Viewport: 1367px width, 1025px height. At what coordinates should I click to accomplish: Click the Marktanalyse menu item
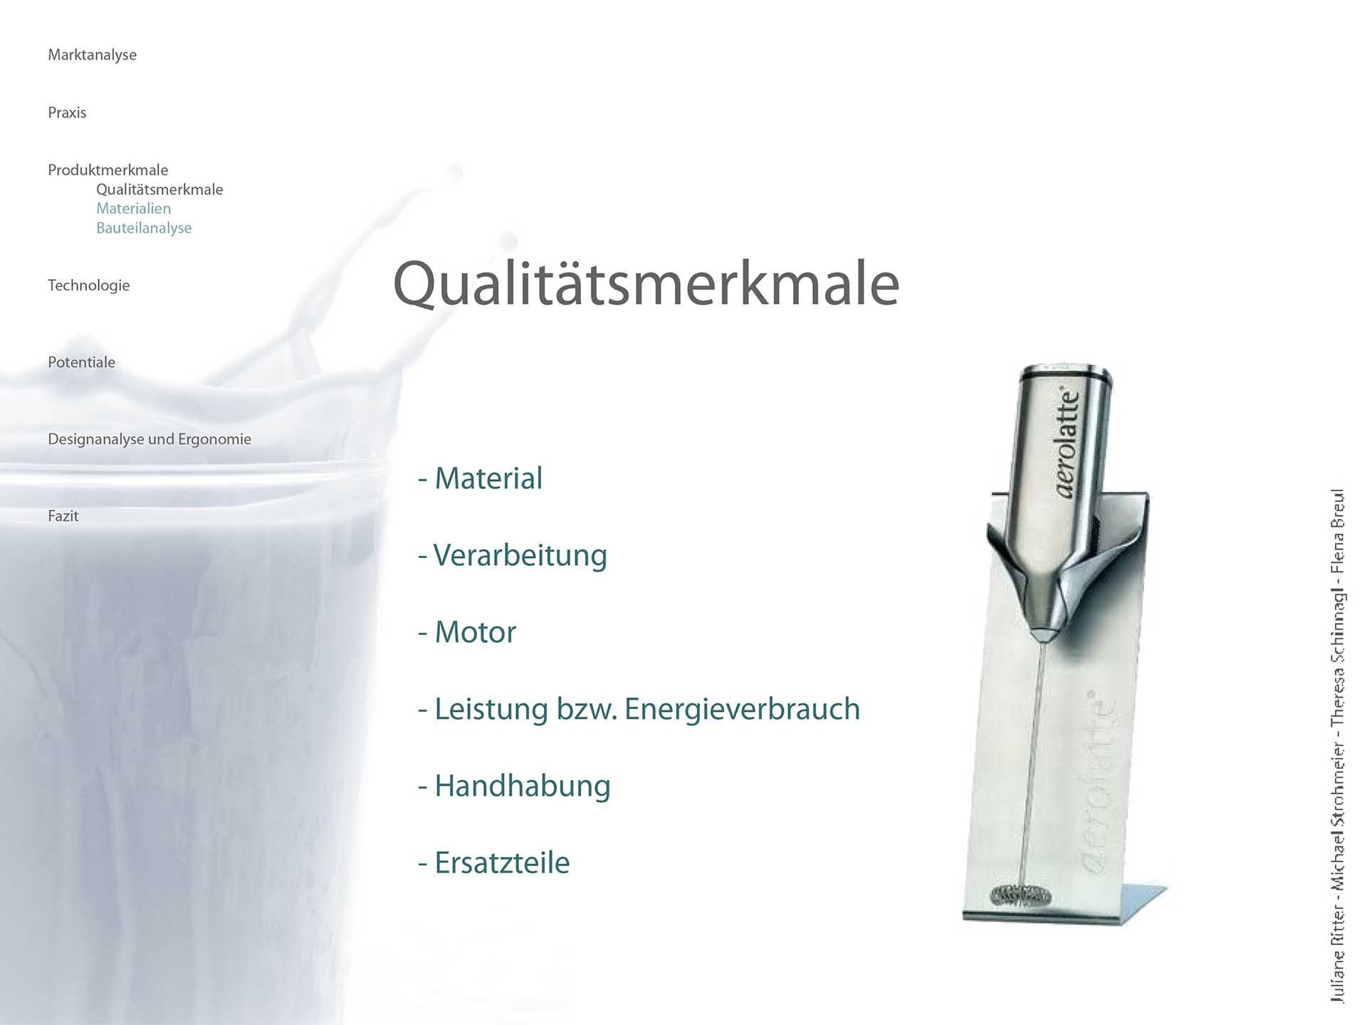(x=92, y=55)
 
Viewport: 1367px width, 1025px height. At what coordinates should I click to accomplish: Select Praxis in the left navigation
(x=67, y=112)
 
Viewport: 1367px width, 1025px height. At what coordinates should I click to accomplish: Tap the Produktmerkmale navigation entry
(x=108, y=170)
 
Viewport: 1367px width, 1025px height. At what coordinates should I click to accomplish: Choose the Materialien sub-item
(x=133, y=209)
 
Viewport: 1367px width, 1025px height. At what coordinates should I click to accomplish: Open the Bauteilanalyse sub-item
(x=144, y=228)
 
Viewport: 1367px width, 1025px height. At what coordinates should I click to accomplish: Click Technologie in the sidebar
(x=88, y=285)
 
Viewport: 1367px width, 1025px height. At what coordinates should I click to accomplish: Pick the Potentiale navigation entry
(x=81, y=362)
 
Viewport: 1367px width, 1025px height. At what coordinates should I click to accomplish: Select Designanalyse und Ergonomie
(x=150, y=439)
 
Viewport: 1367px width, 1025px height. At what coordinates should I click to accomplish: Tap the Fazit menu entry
(x=63, y=516)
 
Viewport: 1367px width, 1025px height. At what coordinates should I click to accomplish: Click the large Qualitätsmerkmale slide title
(x=646, y=284)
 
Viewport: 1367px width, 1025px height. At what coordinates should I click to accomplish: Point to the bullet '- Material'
(x=480, y=478)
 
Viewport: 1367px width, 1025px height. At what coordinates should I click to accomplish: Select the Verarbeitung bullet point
(x=513, y=556)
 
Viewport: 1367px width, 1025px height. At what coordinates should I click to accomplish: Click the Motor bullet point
(x=467, y=632)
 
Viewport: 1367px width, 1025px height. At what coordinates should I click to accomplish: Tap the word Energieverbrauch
(x=743, y=710)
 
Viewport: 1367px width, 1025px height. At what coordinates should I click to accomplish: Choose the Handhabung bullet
(x=514, y=787)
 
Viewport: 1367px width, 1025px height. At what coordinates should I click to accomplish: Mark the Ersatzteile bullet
(x=493, y=863)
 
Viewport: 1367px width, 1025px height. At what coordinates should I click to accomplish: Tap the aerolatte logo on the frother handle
(x=1067, y=442)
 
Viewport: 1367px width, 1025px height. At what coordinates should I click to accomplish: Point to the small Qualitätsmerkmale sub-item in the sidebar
(x=159, y=189)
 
